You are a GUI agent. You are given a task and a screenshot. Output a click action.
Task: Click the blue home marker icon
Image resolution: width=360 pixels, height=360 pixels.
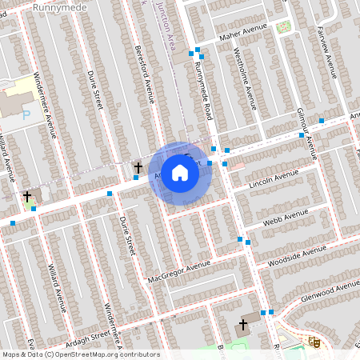(180, 172)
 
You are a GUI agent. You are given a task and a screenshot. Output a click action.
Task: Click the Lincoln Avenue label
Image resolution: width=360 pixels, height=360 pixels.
(274, 178)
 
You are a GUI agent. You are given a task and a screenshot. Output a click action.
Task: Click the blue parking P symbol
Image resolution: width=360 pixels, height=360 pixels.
(26, 115)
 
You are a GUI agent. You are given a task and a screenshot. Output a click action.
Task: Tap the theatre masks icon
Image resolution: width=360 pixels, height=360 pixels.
(314, 342)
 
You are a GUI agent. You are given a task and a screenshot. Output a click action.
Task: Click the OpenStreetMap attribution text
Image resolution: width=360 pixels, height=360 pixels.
(80, 354)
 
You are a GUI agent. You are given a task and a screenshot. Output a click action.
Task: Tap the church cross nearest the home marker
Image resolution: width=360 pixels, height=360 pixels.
(138, 167)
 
